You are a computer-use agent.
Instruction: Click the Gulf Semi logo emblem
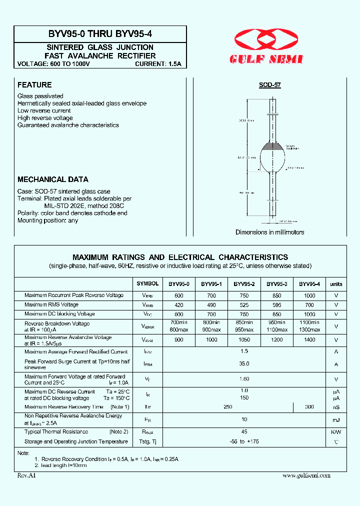[269, 40]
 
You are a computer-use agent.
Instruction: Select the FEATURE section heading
[34, 85]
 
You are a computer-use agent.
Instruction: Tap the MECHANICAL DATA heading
[52, 179]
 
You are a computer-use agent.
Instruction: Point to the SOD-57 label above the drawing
[269, 85]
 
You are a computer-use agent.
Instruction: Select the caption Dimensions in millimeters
[269, 232]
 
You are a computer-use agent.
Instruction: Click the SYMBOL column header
[147, 283]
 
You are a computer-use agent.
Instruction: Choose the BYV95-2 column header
[244, 284]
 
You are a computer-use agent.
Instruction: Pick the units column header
[336, 284]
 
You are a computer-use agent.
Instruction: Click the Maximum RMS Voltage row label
[51, 304]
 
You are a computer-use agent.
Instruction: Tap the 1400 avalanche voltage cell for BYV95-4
[309, 340]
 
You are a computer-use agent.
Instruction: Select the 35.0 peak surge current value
[244, 364]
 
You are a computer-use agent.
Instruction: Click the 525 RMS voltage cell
[244, 305]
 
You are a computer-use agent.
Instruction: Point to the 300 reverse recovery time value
[309, 407]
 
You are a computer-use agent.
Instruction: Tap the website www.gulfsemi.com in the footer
[306, 475]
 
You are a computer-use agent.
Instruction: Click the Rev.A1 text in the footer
[26, 475]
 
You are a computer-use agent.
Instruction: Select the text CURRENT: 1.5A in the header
[158, 64]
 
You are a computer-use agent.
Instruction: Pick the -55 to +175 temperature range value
[244, 442]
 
